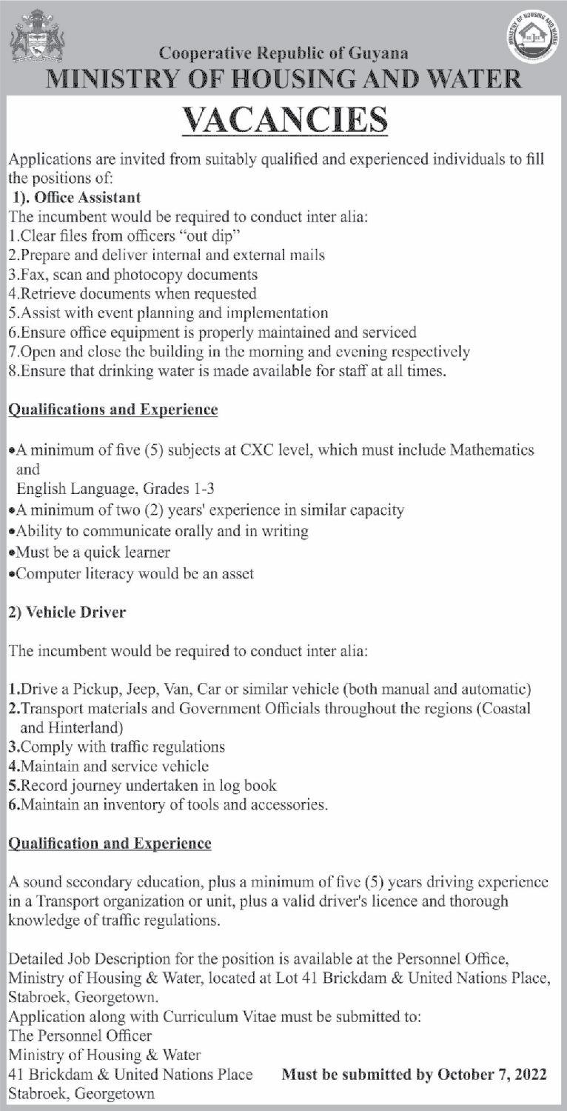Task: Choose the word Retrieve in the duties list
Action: pyautogui.click(x=44, y=293)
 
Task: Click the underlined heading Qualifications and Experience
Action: pyautogui.click(x=113, y=410)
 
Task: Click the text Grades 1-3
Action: pyautogui.click(x=172, y=489)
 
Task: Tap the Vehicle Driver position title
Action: pyautogui.click(x=67, y=613)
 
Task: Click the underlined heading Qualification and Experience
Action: pyautogui.click(x=110, y=844)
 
